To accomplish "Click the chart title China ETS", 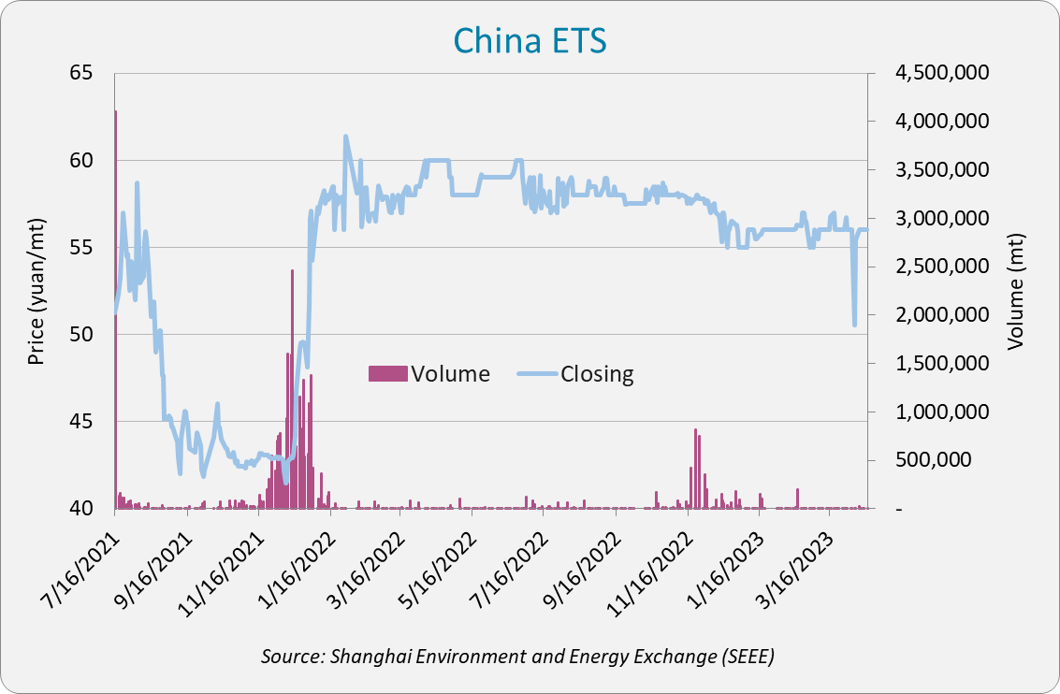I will [x=530, y=41].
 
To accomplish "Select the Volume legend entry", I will [x=430, y=374].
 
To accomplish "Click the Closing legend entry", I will [x=575, y=374].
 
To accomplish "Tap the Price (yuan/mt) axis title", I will [x=36, y=291].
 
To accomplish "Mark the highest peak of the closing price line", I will [x=346, y=137].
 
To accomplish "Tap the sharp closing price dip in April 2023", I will [x=854, y=325].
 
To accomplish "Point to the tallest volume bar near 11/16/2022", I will [x=695, y=468].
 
